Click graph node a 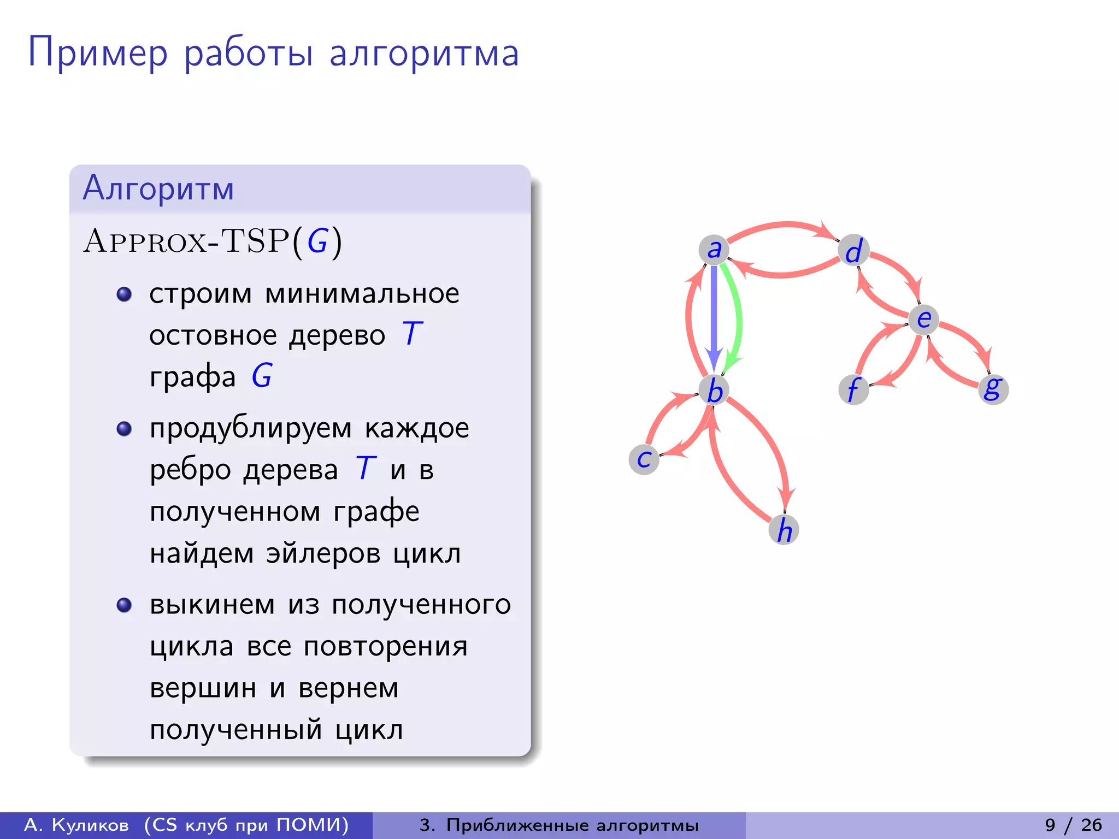pos(714,250)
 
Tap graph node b pos(714,391)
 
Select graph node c pos(644,459)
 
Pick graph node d pos(853,251)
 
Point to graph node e pos(923,320)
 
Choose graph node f pos(853,389)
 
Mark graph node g pos(993,389)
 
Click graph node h pos(784,530)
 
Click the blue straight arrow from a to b pos(714,317)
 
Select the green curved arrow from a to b pos(738,317)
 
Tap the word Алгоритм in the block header pos(158,188)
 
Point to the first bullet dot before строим pos(125,294)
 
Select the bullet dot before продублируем pos(125,428)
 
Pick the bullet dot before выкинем pos(125,605)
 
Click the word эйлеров pos(323,553)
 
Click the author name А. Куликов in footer pos(76,825)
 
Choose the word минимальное pos(362,294)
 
